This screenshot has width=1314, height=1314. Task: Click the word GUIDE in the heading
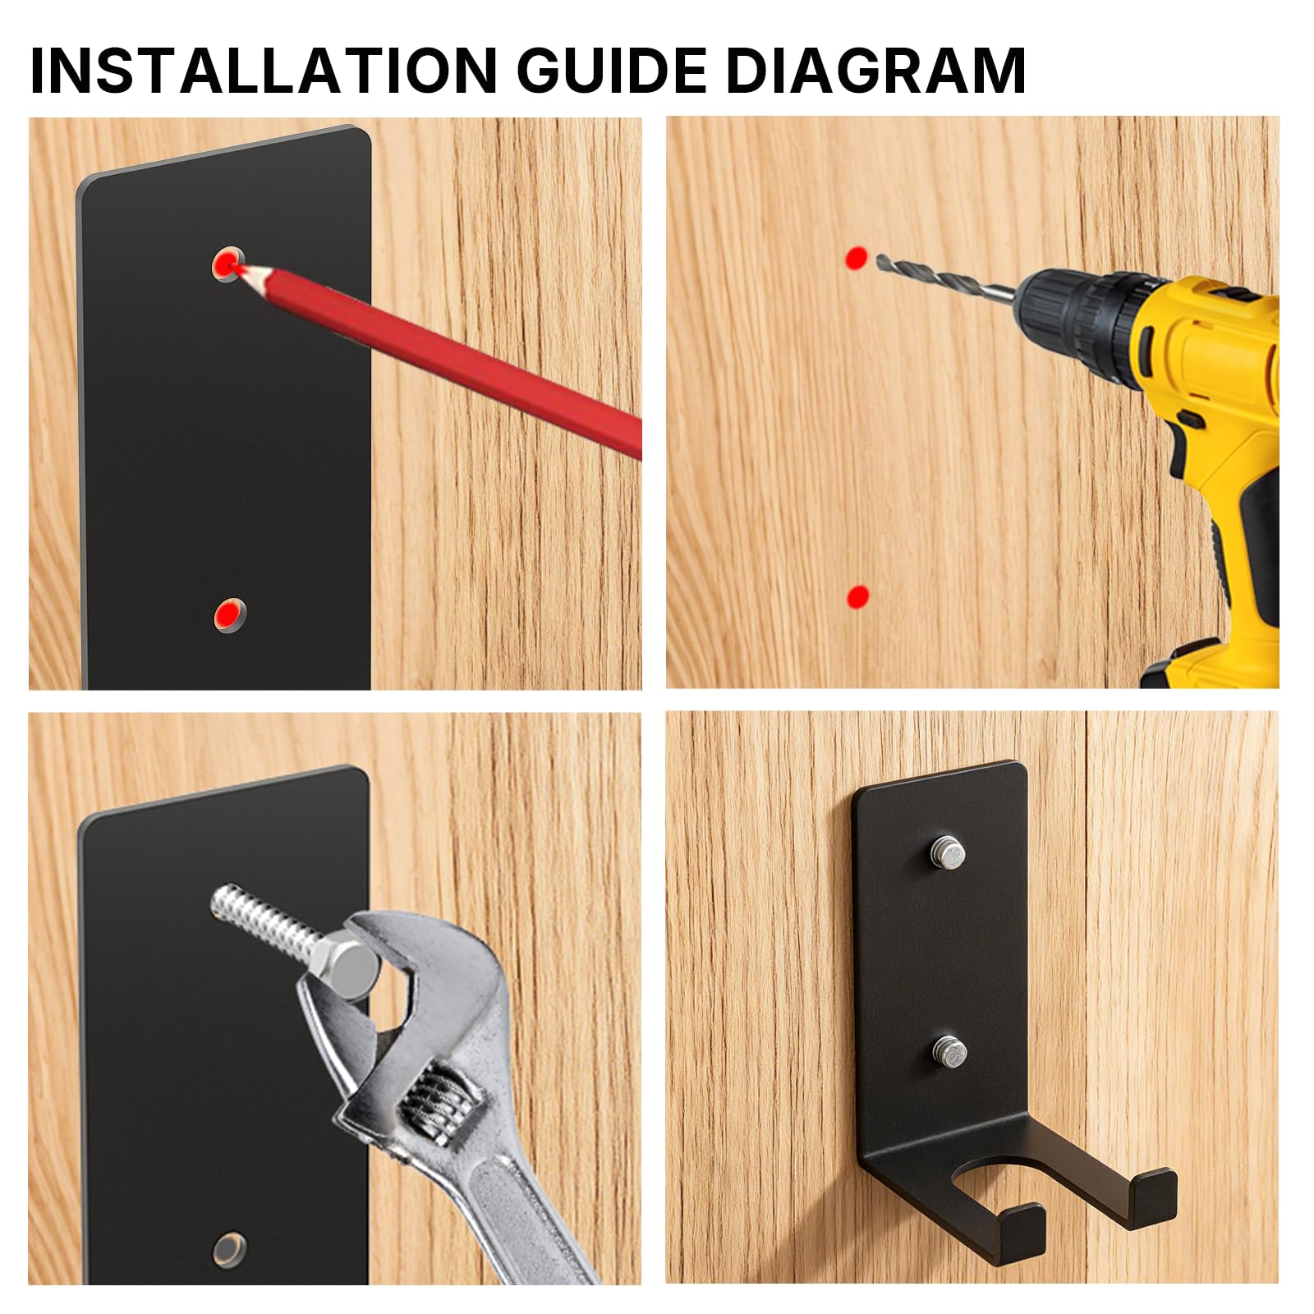[612, 70]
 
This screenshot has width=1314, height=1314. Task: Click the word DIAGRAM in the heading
[875, 70]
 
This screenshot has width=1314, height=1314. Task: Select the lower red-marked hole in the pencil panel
[229, 615]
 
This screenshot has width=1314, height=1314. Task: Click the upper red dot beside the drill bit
[856, 257]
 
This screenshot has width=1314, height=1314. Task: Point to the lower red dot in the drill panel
[857, 597]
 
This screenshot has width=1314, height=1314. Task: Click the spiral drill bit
[944, 276]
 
